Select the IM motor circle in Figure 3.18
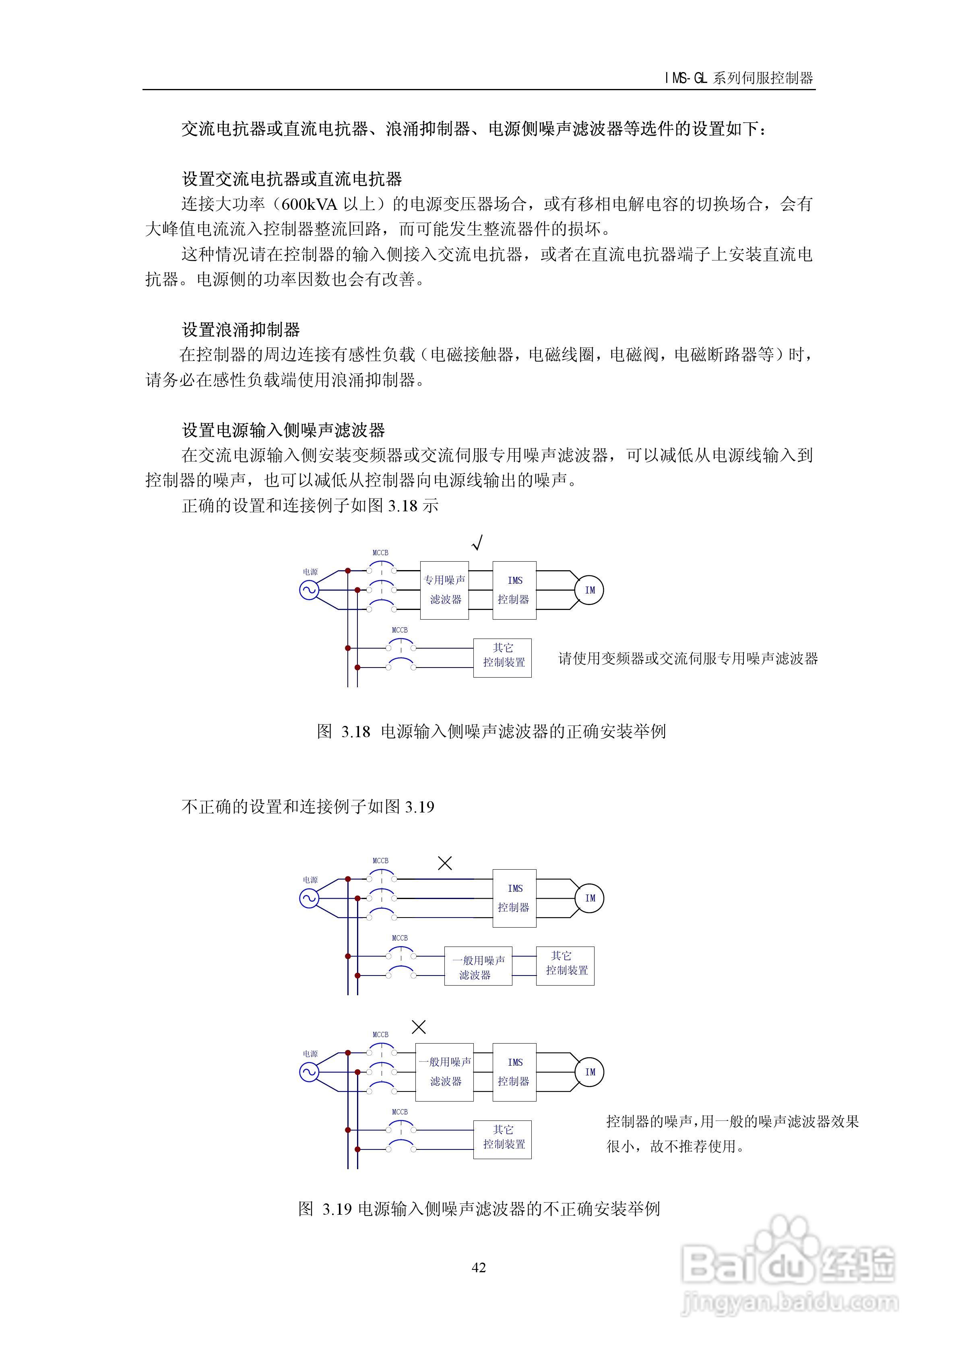589,590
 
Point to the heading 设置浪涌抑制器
241,330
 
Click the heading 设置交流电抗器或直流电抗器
292,179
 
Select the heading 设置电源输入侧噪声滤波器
283,430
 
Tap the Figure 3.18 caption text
491,732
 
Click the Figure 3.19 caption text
479,1209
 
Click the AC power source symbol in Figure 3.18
309,590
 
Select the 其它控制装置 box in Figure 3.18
503,657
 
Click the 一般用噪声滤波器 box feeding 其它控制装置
478,967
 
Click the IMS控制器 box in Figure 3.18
514,590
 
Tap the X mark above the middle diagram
445,864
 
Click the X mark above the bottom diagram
418,1027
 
